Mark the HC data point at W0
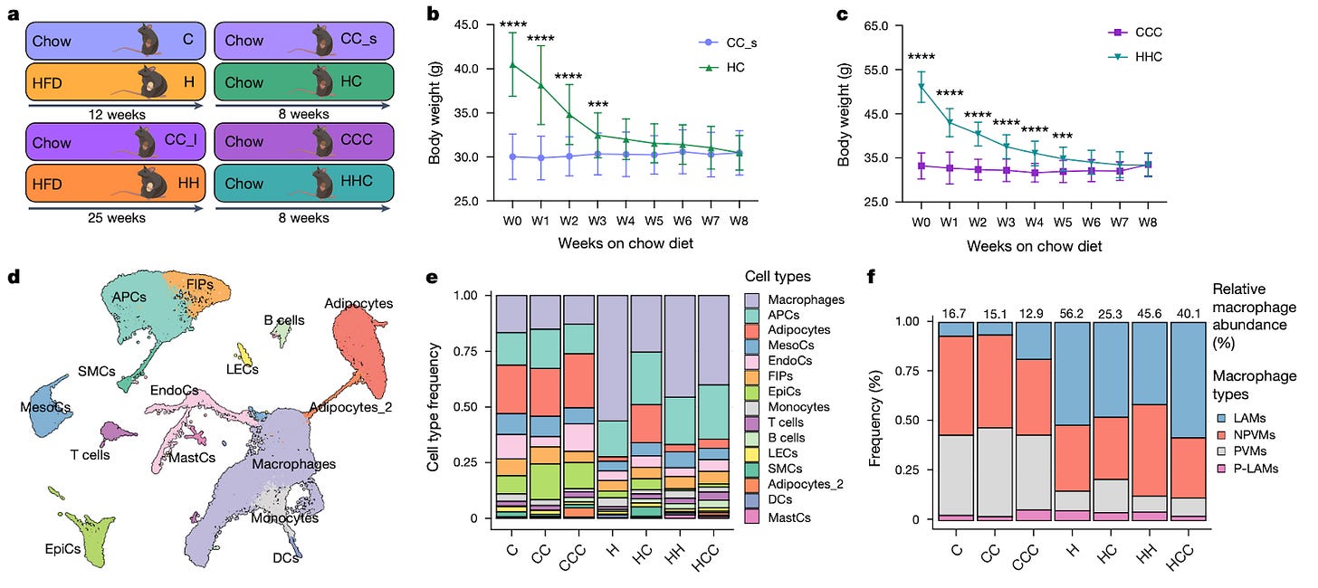(x=514, y=65)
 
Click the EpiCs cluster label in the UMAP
(x=66, y=548)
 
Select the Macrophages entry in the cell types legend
(x=795, y=299)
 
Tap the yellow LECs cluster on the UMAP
(x=243, y=352)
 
